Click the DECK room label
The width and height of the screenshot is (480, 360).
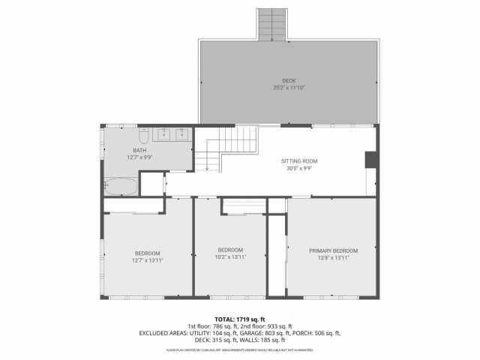(289, 81)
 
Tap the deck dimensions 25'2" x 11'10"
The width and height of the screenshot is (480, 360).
(289, 88)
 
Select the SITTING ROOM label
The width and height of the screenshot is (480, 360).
(299, 161)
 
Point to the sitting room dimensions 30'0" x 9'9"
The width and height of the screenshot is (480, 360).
(299, 168)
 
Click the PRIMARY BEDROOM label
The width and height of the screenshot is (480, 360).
(333, 250)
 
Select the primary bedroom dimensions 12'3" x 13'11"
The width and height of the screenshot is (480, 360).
(333, 257)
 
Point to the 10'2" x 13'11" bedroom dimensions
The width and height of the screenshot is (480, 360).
(230, 256)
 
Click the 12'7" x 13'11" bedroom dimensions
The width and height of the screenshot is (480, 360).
(148, 259)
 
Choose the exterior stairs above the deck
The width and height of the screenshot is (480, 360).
(273, 25)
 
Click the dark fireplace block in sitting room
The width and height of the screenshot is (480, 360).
(370, 160)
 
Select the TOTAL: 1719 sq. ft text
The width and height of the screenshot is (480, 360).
(240, 319)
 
